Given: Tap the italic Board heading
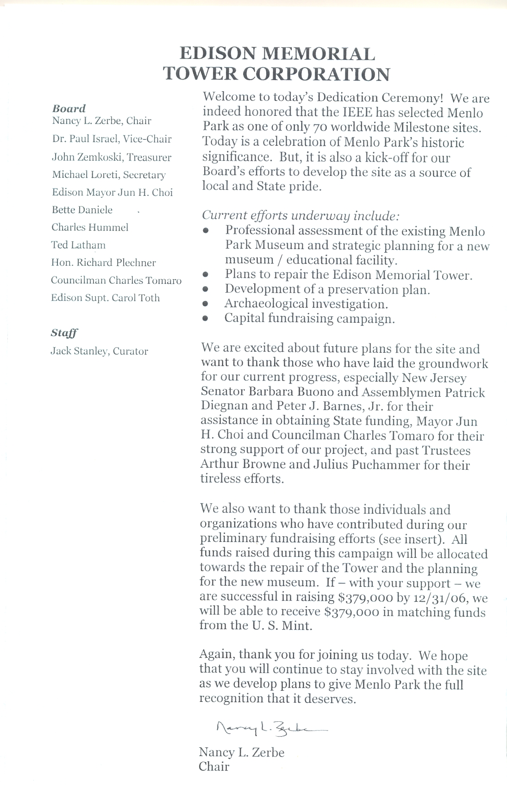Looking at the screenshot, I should coord(69,108).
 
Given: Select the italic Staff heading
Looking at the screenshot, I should coord(64,333).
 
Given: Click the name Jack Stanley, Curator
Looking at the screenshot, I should coord(99,351).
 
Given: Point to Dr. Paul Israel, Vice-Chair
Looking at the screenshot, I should coord(112,139).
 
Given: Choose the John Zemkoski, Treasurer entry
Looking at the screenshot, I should coord(112,157).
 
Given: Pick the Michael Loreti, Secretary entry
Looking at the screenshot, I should coord(109,175).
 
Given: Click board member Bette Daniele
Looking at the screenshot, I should coord(82,210).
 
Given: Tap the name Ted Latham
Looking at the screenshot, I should coord(78,245).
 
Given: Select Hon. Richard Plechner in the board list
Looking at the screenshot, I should coord(103,263).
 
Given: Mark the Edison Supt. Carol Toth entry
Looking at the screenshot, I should coord(105,298).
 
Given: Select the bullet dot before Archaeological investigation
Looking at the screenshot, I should coord(205,305).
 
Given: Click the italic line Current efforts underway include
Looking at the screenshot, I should coord(300,215).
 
